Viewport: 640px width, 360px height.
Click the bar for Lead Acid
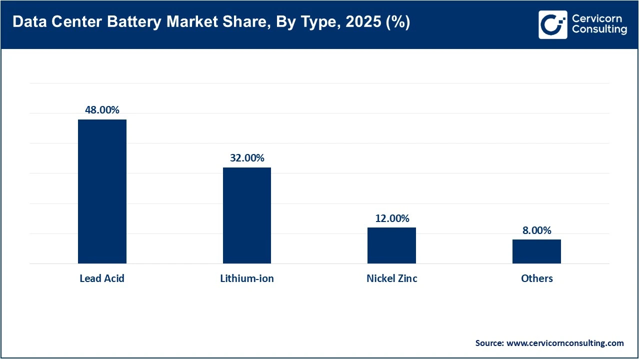pyautogui.click(x=102, y=191)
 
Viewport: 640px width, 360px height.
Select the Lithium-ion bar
pyautogui.click(x=247, y=215)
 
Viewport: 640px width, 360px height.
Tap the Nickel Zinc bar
pyautogui.click(x=391, y=245)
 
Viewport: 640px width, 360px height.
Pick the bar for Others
pyautogui.click(x=536, y=251)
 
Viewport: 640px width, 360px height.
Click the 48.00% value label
pyautogui.click(x=102, y=110)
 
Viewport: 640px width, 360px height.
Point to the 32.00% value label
pyautogui.click(x=247, y=158)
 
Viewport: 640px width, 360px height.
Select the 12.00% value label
pyautogui.click(x=392, y=218)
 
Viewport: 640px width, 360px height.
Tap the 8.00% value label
pyautogui.click(x=536, y=230)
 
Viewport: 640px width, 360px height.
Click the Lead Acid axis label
pyautogui.click(x=102, y=278)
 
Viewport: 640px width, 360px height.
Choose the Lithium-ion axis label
pyautogui.click(x=247, y=278)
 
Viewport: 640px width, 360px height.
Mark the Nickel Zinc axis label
pyautogui.click(x=391, y=278)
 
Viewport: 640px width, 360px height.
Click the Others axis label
pyautogui.click(x=536, y=278)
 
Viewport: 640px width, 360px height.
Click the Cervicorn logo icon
pyautogui.click(x=553, y=24)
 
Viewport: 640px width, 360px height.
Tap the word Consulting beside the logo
pyautogui.click(x=599, y=30)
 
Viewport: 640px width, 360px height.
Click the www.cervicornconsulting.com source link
pyautogui.click(x=565, y=343)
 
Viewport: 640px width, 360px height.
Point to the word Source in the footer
pyautogui.click(x=489, y=343)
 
